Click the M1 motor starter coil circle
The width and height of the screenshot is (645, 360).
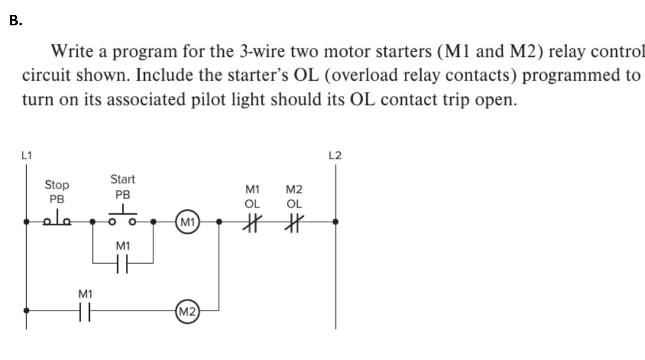187,222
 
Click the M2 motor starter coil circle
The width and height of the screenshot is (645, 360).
187,312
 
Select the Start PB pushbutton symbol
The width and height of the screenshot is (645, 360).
122,216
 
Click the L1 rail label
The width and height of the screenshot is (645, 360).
26,155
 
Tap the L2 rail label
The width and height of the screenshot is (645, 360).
335,155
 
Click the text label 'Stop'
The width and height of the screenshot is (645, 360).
57,185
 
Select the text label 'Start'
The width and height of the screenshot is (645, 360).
122,179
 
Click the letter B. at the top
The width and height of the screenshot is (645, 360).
16,20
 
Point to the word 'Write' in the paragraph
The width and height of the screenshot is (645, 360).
72,51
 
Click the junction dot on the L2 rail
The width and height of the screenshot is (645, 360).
335,221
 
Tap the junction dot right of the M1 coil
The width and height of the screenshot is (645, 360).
219,221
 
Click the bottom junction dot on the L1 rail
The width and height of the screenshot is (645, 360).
26,310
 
